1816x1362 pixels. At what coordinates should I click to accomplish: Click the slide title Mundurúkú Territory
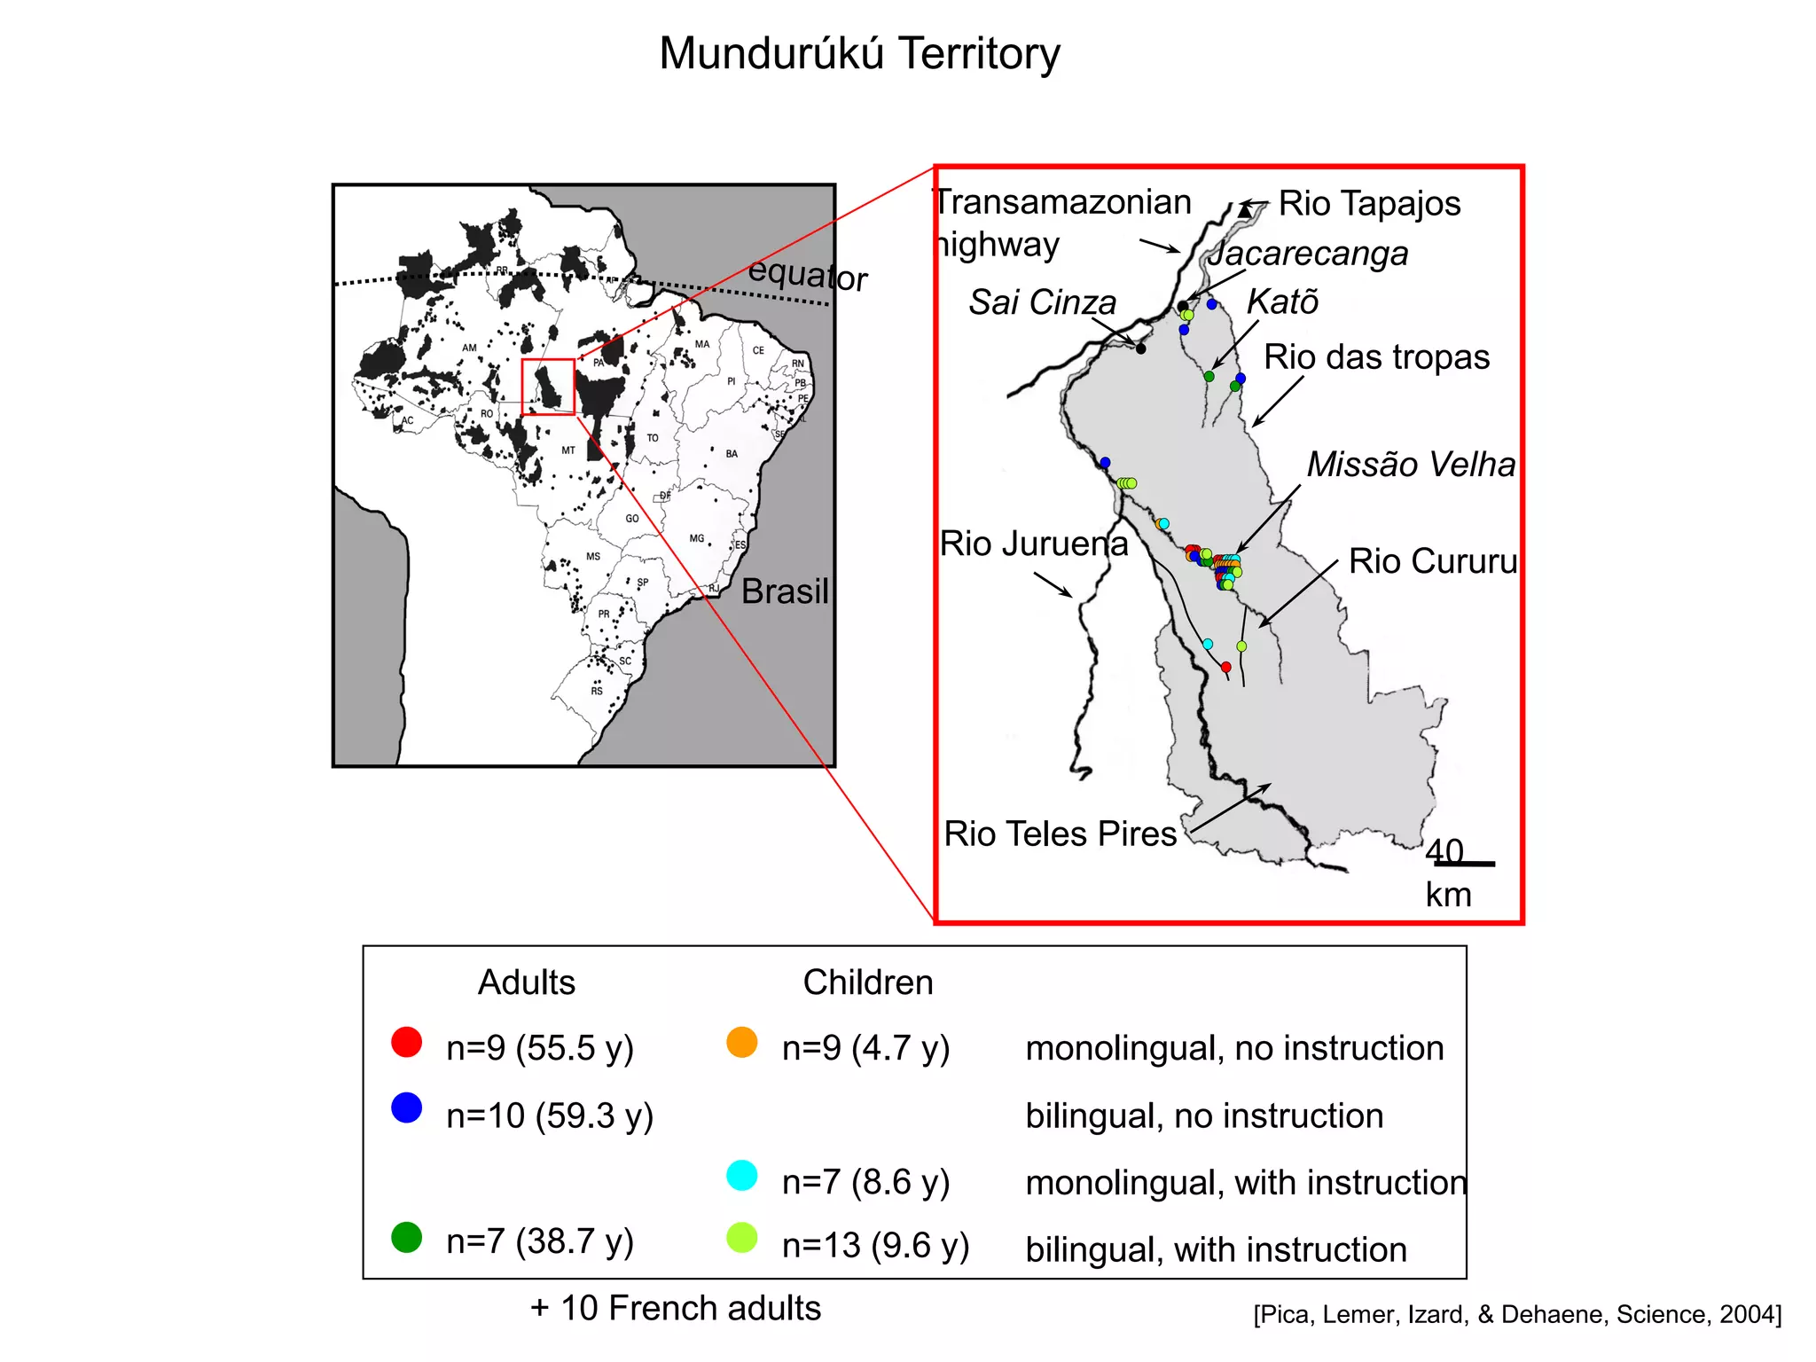859,53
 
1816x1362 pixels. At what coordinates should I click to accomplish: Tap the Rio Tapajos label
1368,204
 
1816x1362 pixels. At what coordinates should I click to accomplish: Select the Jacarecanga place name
1307,254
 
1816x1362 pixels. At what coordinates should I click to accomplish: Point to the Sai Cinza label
1042,302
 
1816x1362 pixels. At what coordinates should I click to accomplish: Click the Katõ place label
1282,302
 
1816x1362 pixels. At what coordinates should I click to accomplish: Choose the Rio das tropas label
1376,357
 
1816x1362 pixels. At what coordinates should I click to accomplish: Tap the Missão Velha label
1411,465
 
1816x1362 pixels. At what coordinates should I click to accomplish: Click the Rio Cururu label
1432,561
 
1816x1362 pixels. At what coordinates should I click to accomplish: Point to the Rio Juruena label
1034,544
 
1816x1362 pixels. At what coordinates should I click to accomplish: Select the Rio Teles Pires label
1060,834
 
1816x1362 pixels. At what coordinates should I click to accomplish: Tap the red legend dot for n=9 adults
407,1042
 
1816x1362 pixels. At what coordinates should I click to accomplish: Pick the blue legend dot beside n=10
407,1108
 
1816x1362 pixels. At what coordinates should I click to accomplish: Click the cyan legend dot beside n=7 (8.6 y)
742,1175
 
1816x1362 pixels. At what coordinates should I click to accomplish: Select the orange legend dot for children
742,1042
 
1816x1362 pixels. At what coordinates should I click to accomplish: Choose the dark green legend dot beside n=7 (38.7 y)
407,1237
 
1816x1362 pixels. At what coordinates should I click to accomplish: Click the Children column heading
868,982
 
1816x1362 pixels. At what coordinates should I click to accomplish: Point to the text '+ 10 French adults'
676,1308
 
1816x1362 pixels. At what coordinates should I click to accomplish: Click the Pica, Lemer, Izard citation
1517,1314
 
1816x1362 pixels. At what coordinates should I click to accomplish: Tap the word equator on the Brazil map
807,275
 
